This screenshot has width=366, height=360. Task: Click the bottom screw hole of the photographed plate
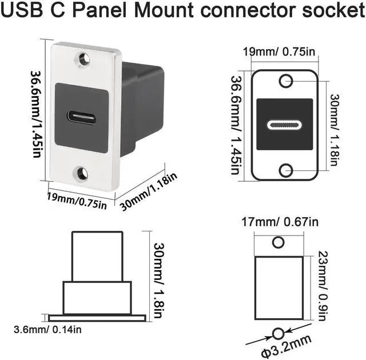82,172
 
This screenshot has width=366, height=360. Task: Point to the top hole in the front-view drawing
285,81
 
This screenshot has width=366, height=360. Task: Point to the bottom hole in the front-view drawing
285,169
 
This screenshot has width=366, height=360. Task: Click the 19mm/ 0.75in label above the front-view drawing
280,53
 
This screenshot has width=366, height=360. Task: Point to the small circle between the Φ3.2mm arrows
279,332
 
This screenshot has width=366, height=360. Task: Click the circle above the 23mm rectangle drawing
279,242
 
